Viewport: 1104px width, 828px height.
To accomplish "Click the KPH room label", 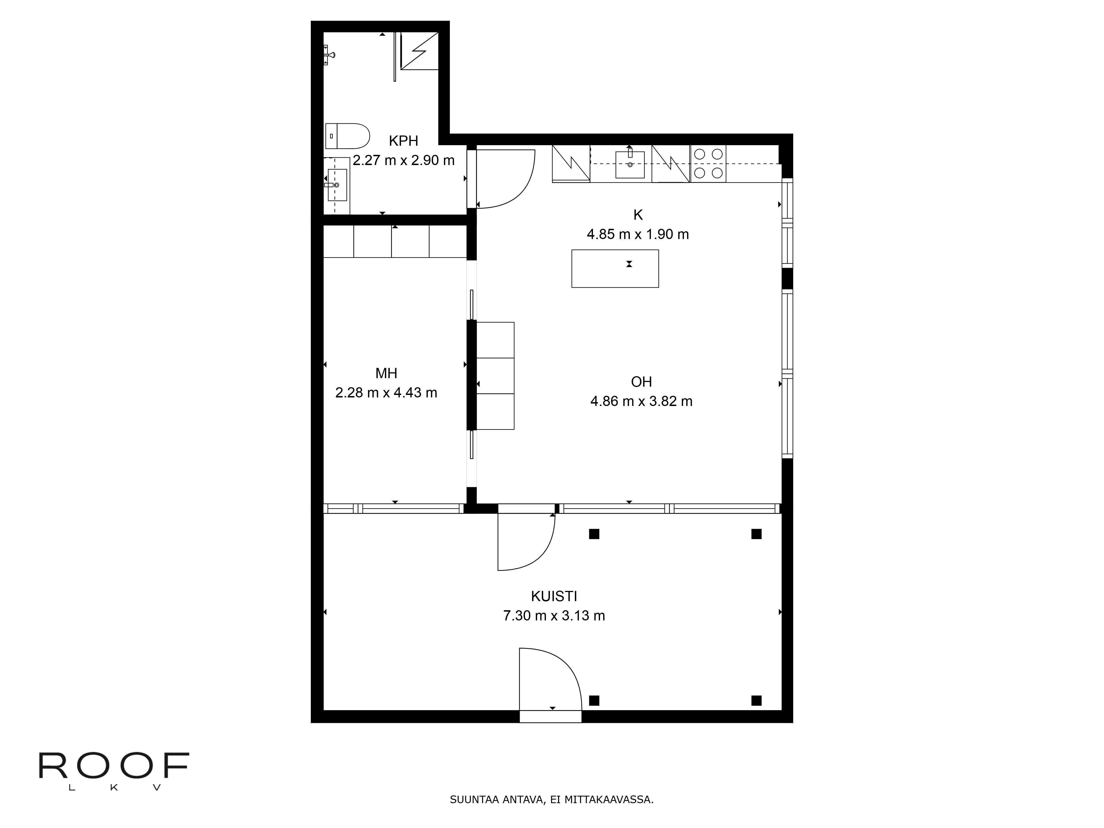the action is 403,141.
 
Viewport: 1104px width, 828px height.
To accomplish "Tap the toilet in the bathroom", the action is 347,136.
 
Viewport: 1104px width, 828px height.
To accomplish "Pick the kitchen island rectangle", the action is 615,269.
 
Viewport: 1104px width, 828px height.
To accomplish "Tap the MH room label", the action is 386,373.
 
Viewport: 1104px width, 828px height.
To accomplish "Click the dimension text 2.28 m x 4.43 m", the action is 386,393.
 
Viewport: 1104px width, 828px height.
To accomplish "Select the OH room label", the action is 641,382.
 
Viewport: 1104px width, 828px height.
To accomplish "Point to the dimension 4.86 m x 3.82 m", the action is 641,401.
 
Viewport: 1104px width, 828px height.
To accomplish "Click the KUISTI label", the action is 554,596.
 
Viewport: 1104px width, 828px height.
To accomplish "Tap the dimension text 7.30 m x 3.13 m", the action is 554,616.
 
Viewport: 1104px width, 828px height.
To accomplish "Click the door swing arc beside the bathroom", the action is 506,179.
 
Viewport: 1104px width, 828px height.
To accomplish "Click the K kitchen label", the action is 638,215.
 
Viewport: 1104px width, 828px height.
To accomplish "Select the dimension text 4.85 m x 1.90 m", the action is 638,234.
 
